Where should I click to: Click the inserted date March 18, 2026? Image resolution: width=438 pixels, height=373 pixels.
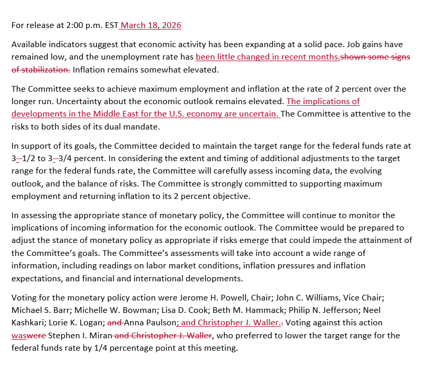pos(151,25)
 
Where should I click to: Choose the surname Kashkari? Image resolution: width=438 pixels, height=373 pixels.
pos(30,323)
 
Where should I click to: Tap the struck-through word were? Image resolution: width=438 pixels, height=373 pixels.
pos(37,336)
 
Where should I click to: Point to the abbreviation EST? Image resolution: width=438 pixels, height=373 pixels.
pos(110,25)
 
